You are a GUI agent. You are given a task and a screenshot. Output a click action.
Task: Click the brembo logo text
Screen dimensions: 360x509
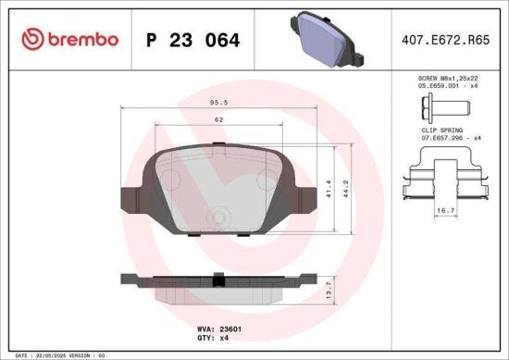[x=82, y=39]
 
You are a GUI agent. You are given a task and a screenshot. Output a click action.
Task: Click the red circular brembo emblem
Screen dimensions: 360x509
[x=31, y=39]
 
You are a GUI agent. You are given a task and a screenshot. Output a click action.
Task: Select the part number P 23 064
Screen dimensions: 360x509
[x=193, y=40]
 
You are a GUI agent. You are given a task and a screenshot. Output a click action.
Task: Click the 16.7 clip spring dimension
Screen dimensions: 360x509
[x=444, y=211]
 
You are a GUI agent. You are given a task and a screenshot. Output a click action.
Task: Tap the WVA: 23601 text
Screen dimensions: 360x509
[x=219, y=329]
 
